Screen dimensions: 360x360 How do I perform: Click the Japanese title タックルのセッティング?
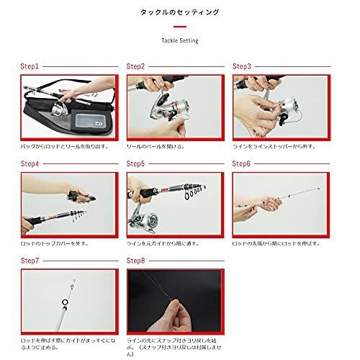click(x=179, y=12)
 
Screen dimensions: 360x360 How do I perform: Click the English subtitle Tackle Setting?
click(x=179, y=41)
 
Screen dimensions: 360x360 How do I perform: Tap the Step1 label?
click(x=30, y=66)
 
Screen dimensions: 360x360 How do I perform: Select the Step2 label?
click(x=136, y=66)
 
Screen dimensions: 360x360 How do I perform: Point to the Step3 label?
click(x=242, y=66)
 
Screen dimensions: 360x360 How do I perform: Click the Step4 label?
click(x=30, y=163)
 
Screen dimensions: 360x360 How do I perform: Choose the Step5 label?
click(x=136, y=163)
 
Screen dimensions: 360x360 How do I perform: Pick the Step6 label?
click(x=242, y=163)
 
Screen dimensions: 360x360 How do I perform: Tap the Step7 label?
click(x=30, y=261)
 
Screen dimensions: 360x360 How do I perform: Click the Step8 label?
click(x=136, y=261)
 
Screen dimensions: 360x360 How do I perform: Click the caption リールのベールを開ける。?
click(x=156, y=145)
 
